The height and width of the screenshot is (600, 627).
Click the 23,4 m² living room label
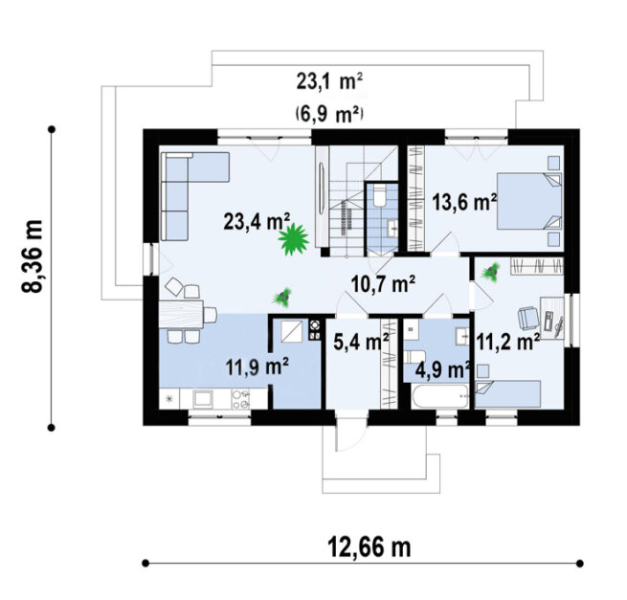(257, 221)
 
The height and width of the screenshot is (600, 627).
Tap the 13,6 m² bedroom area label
(464, 202)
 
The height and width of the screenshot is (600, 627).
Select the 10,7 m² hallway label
(383, 284)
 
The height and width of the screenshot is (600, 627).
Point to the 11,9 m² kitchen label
(258, 367)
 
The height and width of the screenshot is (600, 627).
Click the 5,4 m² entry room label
(361, 342)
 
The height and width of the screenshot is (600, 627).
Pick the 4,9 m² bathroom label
(442, 369)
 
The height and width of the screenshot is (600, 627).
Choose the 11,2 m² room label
(508, 342)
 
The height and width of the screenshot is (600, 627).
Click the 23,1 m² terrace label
(329, 82)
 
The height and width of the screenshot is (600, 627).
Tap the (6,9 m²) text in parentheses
(329, 115)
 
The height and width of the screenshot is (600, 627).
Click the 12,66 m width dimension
(369, 547)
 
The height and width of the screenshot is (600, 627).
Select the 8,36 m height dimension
(32, 256)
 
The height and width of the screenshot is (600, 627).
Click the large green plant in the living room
(294, 239)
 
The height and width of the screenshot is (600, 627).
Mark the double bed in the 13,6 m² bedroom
(529, 201)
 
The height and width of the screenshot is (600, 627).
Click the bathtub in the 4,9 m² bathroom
(440, 396)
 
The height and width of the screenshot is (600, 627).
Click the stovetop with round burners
(240, 399)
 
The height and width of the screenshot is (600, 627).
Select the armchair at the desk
(528, 318)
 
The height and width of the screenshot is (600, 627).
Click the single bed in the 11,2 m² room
(508, 393)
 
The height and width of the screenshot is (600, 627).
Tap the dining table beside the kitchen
(182, 314)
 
